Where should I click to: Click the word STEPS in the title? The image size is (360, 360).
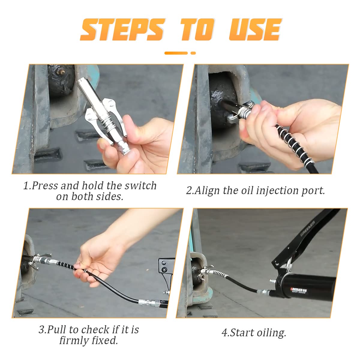[x=123, y=29]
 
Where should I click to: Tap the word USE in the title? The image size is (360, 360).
[x=255, y=29]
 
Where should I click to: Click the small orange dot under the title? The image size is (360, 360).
[x=193, y=53]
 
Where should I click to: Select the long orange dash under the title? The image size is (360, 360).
[x=176, y=53]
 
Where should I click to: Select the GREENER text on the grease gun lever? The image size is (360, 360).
[x=308, y=229]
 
